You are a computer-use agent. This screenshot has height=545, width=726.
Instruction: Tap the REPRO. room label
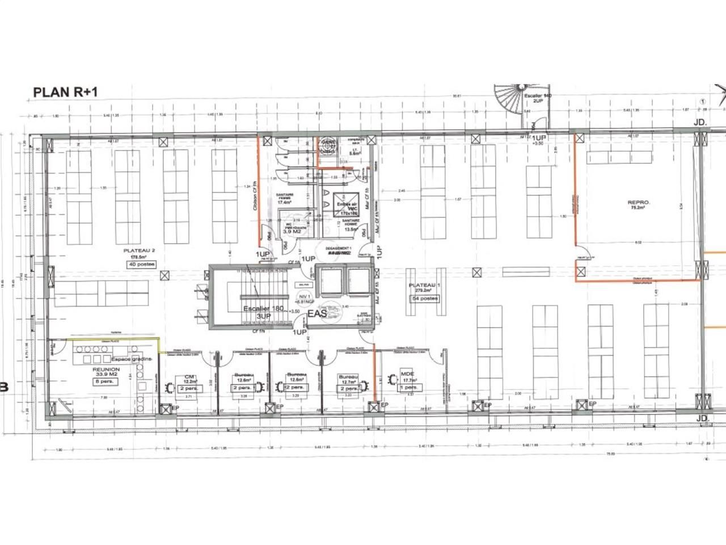[638, 202]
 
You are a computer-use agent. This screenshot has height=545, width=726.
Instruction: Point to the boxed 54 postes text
[425, 298]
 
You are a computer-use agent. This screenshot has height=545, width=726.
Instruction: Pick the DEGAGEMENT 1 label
[339, 249]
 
